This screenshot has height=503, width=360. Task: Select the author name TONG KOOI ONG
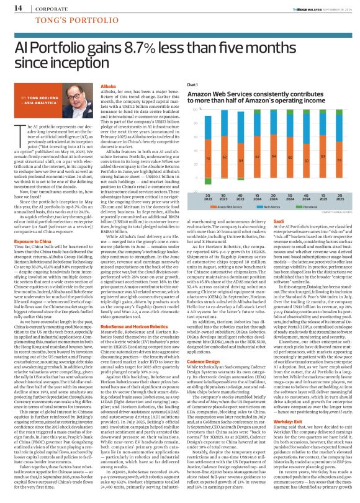tap(35, 99)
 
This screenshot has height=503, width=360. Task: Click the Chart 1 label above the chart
tap(183, 84)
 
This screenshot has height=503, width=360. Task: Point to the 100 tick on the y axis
tap(179, 110)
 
